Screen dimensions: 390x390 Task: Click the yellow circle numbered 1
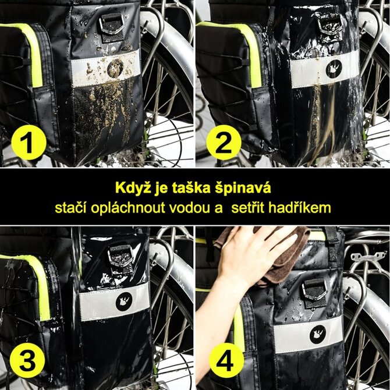click(x=29, y=143)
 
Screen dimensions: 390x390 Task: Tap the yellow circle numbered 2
click(x=224, y=143)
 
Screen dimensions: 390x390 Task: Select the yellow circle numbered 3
click(x=27, y=360)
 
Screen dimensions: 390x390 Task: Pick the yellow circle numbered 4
click(x=226, y=360)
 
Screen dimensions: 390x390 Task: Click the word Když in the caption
click(x=133, y=188)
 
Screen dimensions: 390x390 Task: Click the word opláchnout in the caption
click(x=128, y=208)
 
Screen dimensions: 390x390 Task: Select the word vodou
click(x=190, y=208)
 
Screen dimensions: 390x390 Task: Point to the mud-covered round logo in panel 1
click(x=115, y=68)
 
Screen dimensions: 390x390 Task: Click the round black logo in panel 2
click(x=334, y=69)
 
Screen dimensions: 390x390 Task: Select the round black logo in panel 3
click(x=124, y=302)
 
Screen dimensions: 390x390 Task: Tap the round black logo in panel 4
click(x=318, y=334)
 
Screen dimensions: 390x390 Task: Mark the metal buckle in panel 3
click(x=120, y=256)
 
